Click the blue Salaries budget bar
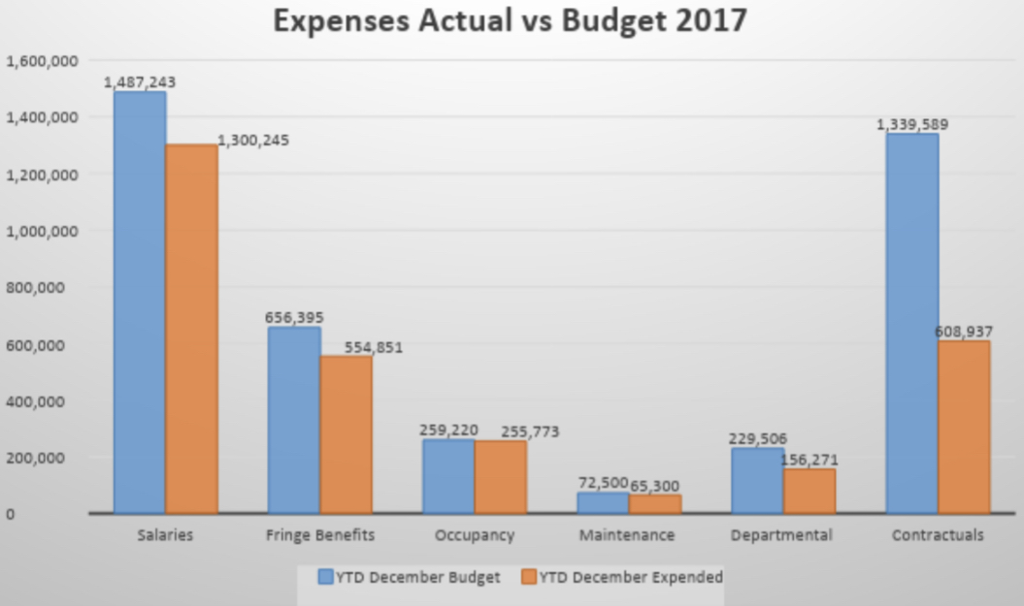point(140,302)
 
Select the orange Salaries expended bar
point(191,329)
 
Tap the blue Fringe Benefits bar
point(293,420)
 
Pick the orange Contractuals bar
point(964,427)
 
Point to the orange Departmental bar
point(809,491)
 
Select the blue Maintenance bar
point(603,502)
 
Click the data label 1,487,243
point(140,82)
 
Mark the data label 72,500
point(603,483)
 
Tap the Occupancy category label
point(474,535)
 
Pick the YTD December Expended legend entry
point(621,578)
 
